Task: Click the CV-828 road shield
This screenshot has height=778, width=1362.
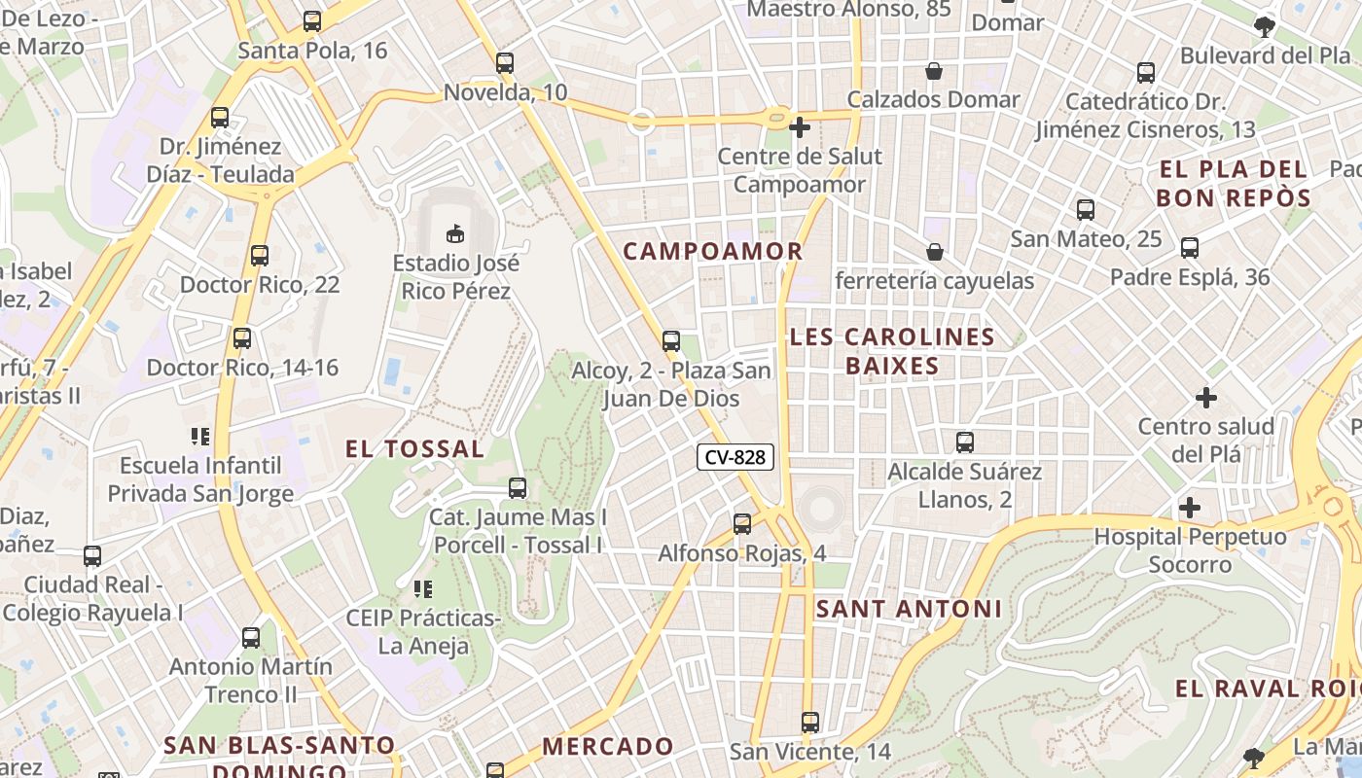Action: click(735, 457)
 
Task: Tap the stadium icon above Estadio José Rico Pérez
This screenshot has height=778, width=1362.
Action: click(455, 233)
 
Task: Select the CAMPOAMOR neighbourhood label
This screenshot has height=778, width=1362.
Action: click(713, 251)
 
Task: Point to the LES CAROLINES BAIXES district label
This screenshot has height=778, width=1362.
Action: click(892, 351)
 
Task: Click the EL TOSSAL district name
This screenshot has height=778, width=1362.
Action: click(415, 448)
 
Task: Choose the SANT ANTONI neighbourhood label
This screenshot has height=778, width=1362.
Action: click(909, 609)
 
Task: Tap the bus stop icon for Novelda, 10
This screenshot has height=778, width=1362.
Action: click(504, 63)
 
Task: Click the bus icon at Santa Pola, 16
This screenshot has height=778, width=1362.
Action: click(312, 20)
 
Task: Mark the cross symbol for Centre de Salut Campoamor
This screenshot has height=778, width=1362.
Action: click(800, 126)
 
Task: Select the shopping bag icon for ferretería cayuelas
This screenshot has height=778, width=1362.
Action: click(935, 252)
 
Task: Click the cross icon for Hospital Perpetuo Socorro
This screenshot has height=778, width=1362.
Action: click(1189, 508)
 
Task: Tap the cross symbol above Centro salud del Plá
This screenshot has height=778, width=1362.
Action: click(1206, 397)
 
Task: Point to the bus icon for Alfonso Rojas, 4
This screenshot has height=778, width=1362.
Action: click(742, 524)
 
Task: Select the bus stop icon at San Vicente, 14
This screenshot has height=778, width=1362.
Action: click(810, 723)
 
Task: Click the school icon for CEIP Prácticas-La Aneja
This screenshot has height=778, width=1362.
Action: click(422, 588)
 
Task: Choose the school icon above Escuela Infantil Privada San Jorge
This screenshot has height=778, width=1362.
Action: click(200, 436)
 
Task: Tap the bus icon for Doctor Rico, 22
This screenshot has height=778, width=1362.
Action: click(260, 256)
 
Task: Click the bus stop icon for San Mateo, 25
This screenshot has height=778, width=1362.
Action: click(1086, 209)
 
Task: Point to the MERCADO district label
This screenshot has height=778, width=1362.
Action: click(608, 746)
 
